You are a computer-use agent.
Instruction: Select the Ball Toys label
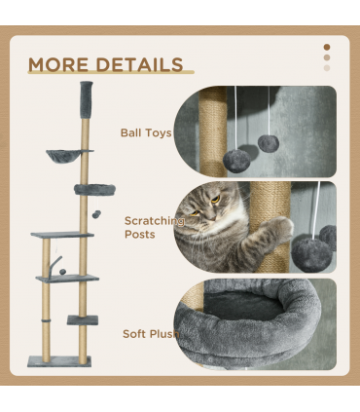145,132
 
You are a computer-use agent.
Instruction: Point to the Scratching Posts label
153,227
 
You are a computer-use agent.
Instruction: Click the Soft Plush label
147,333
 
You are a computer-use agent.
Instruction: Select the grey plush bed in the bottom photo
248,317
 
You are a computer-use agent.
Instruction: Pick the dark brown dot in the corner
326,46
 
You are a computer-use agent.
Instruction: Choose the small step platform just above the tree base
82,318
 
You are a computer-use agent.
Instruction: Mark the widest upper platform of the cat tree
61,235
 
